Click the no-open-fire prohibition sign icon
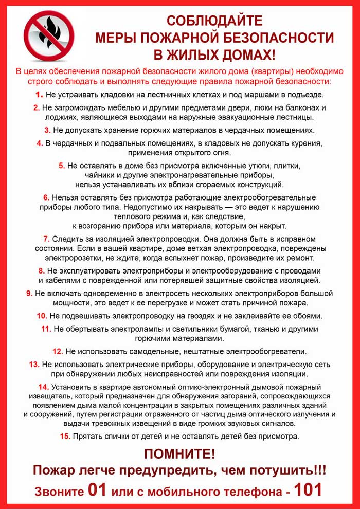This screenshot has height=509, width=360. click(49, 36)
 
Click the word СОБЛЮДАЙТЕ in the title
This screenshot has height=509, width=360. click(214, 21)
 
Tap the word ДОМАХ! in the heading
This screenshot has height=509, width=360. click(246, 53)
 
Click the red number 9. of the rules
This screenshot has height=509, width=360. click(29, 293)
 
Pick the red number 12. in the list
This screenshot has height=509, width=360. click(58, 352)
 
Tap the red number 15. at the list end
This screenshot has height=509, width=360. click(65, 437)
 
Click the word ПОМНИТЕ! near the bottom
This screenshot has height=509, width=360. click(179, 453)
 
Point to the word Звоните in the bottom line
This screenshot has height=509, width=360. click(59, 491)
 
